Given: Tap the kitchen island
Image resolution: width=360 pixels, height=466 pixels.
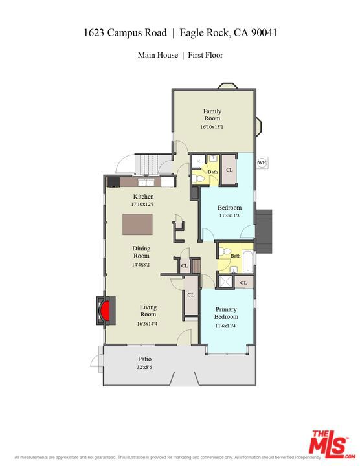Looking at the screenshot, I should (x=138, y=223).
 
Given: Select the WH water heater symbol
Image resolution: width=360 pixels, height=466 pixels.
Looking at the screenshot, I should (x=262, y=162).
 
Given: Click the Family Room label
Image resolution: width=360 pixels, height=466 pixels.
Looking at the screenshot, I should (x=212, y=115).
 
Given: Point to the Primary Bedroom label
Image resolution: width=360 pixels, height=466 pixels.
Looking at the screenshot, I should (x=226, y=313).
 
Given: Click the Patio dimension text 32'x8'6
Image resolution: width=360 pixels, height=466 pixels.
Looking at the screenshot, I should (x=144, y=367).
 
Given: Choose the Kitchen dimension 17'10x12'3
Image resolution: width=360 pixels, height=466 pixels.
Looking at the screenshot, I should (x=144, y=205).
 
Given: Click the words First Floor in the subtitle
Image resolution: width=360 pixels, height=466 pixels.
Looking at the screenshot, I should (x=205, y=55).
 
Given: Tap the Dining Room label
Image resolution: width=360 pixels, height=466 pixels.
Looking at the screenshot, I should (x=141, y=252).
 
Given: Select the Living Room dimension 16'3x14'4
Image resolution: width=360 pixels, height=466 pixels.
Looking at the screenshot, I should (x=148, y=324).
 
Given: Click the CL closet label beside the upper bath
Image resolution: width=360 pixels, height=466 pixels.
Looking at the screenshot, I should (x=229, y=170).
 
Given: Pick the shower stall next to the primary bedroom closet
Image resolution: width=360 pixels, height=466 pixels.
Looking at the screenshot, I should (x=224, y=281).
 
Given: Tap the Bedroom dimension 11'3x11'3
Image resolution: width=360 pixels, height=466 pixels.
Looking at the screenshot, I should (x=229, y=216).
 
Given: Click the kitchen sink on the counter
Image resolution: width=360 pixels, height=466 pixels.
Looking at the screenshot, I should (x=167, y=182).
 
